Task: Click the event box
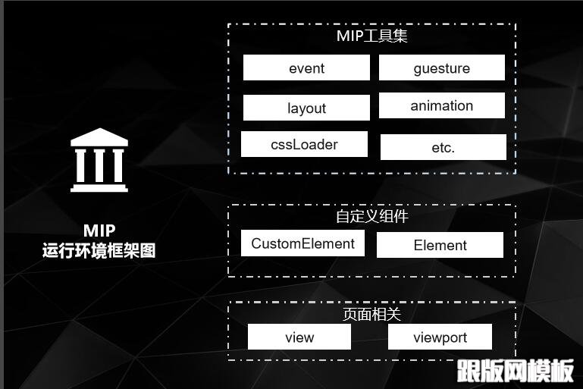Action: click(306, 68)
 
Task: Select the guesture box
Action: click(441, 68)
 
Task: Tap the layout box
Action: click(306, 108)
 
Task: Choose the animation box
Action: click(441, 106)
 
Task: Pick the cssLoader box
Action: click(304, 144)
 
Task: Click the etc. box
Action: click(443, 147)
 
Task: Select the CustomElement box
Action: click(302, 243)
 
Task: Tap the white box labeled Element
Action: click(440, 245)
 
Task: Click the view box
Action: click(299, 337)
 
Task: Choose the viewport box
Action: click(440, 337)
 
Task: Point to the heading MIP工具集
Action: click(372, 36)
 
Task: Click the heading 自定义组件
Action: click(372, 216)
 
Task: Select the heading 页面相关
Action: click(372, 313)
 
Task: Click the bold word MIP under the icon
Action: click(99, 231)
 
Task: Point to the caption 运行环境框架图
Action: click(99, 250)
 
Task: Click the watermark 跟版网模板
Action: click(515, 371)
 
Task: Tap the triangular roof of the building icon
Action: click(99, 137)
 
